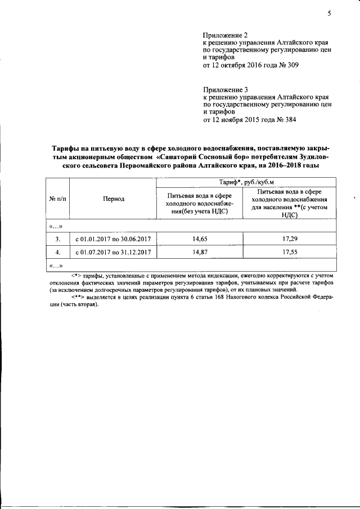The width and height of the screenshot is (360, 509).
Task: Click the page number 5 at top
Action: tap(329, 14)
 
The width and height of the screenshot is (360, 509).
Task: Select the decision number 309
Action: tap(292, 65)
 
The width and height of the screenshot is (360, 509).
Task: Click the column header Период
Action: tap(114, 199)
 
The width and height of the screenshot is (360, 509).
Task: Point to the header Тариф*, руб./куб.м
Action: tap(246, 182)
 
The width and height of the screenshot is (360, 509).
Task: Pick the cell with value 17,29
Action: tap(290, 239)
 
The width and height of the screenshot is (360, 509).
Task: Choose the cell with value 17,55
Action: tap(290, 253)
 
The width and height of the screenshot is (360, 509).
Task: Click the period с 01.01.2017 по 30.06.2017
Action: tap(114, 239)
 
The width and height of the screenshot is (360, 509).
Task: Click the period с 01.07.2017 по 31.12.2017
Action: tap(114, 253)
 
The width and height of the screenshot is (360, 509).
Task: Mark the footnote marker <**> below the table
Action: tap(78, 298)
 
